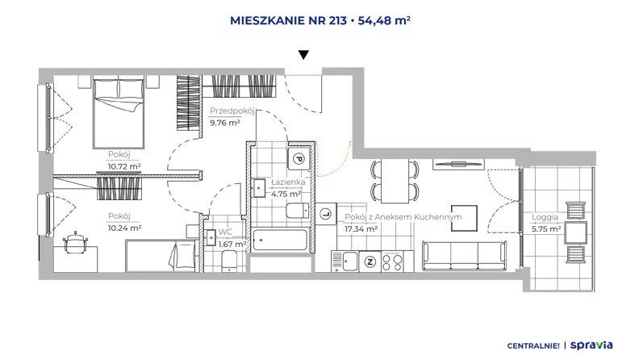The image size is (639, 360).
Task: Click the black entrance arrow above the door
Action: [303, 55]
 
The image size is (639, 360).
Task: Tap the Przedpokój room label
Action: [232, 111]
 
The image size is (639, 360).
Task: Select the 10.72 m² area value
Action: [124, 166]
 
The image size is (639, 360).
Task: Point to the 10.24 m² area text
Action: [124, 228]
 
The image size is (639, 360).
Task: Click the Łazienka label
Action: [288, 182]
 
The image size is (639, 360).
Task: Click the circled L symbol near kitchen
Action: [326, 213]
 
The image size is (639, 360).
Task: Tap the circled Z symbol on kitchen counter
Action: [370, 262]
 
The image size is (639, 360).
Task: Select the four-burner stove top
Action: [392, 262]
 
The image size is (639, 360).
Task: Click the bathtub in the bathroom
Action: [279, 241]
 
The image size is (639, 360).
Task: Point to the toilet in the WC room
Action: [229, 262]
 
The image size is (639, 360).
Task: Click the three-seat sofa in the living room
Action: [465, 256]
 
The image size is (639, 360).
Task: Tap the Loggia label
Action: [545, 217]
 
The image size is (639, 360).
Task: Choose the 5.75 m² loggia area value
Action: [546, 229]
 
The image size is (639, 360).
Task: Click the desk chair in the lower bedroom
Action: [76, 242]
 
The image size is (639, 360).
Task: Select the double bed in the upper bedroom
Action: [119, 113]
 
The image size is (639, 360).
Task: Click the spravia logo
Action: [591, 345]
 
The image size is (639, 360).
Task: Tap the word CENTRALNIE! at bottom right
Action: [533, 345]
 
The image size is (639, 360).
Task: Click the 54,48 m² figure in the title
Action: [384, 20]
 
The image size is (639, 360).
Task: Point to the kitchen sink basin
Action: [350, 262]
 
